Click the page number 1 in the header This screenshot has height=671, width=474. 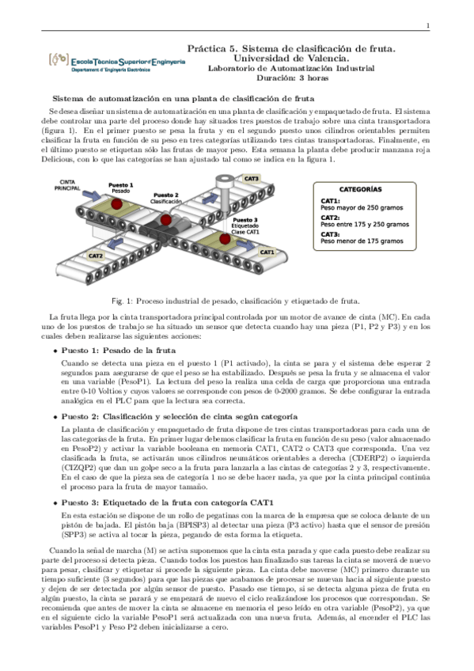(427, 26)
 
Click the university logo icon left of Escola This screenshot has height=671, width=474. (59, 59)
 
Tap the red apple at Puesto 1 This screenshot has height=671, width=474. (117, 203)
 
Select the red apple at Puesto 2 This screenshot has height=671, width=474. (166, 220)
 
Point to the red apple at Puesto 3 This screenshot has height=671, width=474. (225, 239)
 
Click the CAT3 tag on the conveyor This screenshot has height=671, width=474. (252, 179)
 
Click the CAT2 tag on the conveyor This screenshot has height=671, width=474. (96, 256)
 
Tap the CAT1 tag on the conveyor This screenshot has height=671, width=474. (267, 252)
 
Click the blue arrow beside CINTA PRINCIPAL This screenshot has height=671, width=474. (92, 195)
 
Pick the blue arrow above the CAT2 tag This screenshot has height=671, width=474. (116, 243)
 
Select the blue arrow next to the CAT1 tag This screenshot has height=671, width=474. (245, 245)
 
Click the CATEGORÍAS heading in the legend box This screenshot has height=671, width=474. (360, 190)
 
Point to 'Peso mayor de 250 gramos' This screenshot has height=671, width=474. (362, 208)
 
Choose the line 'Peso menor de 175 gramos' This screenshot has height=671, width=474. (362, 241)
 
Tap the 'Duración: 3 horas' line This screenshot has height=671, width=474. (293, 78)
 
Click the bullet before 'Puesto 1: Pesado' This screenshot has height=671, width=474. (55, 351)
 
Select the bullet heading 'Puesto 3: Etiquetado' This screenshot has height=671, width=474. (167, 502)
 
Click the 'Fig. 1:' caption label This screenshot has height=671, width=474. (123, 301)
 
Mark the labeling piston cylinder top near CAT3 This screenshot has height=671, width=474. (224, 179)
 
